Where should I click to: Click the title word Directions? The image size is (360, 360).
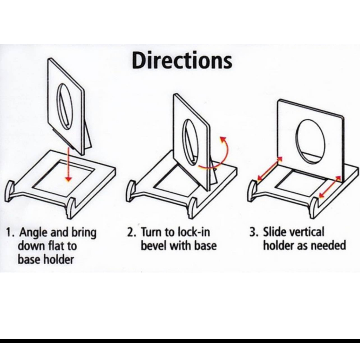(182, 60)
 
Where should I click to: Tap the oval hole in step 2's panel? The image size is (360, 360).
(191, 142)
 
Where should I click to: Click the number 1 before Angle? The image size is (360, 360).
(8, 232)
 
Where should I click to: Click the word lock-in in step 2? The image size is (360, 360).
(194, 232)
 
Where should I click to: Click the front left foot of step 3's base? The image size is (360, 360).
(252, 191)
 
